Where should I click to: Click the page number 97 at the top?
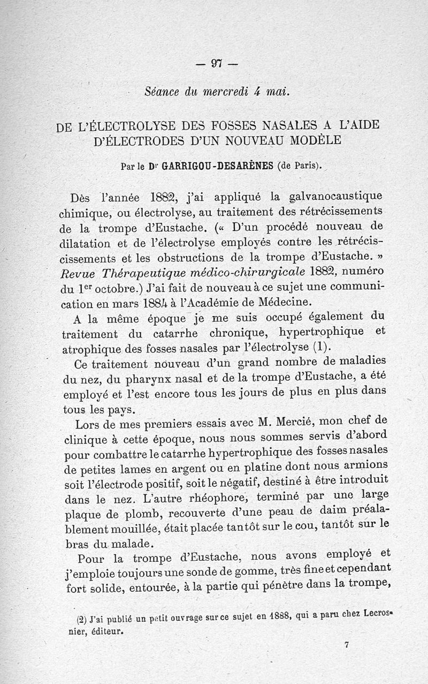[x=216, y=63]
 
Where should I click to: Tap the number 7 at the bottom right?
[x=347, y=646]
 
